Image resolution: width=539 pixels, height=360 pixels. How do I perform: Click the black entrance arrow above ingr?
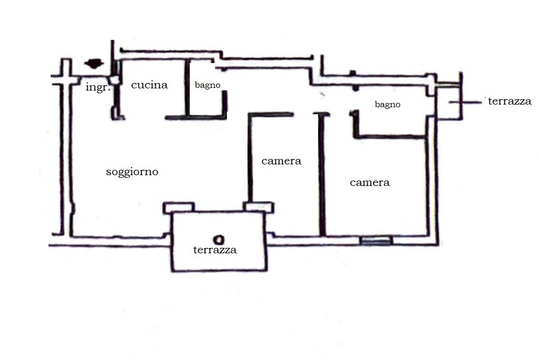tap(94, 64)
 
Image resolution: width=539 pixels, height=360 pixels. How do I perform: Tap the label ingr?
tap(98, 87)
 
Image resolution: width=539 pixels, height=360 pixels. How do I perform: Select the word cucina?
tap(149, 85)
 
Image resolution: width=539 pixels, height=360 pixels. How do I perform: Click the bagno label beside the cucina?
tap(208, 85)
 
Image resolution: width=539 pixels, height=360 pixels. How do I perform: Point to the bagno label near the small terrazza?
tap(388, 105)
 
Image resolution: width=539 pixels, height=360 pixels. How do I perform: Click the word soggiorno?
tap(132, 172)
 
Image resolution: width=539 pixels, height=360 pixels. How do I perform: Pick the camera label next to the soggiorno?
tap(281, 161)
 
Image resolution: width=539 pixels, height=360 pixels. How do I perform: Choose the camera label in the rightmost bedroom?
tap(370, 183)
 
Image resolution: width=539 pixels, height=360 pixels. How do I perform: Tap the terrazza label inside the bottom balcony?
tap(215, 250)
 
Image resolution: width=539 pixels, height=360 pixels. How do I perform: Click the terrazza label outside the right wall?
tap(509, 101)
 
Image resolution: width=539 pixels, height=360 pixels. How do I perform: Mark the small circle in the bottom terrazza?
tap(219, 239)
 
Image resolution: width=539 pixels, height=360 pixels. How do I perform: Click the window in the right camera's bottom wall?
tap(376, 241)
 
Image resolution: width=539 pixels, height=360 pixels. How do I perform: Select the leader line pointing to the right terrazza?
tap(465, 102)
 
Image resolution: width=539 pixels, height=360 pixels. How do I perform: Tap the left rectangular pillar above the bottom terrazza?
tap(179, 207)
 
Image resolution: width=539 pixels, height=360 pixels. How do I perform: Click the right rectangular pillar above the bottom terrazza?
tap(259, 207)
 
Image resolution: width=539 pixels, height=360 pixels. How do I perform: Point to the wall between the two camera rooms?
tap(322, 174)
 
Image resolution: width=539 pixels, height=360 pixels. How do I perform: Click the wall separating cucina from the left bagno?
tap(187, 89)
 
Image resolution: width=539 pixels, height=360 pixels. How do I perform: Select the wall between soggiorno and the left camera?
tap(250, 158)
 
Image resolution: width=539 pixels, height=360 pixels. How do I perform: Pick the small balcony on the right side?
tap(448, 101)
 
